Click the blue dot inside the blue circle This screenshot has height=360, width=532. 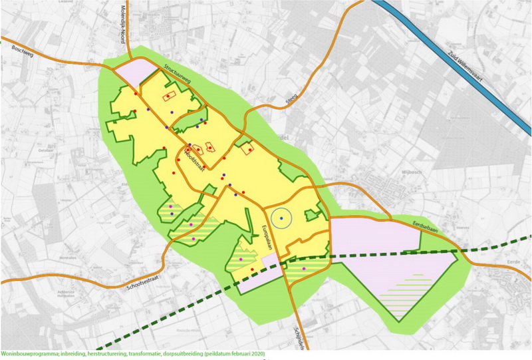coord(281,218)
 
